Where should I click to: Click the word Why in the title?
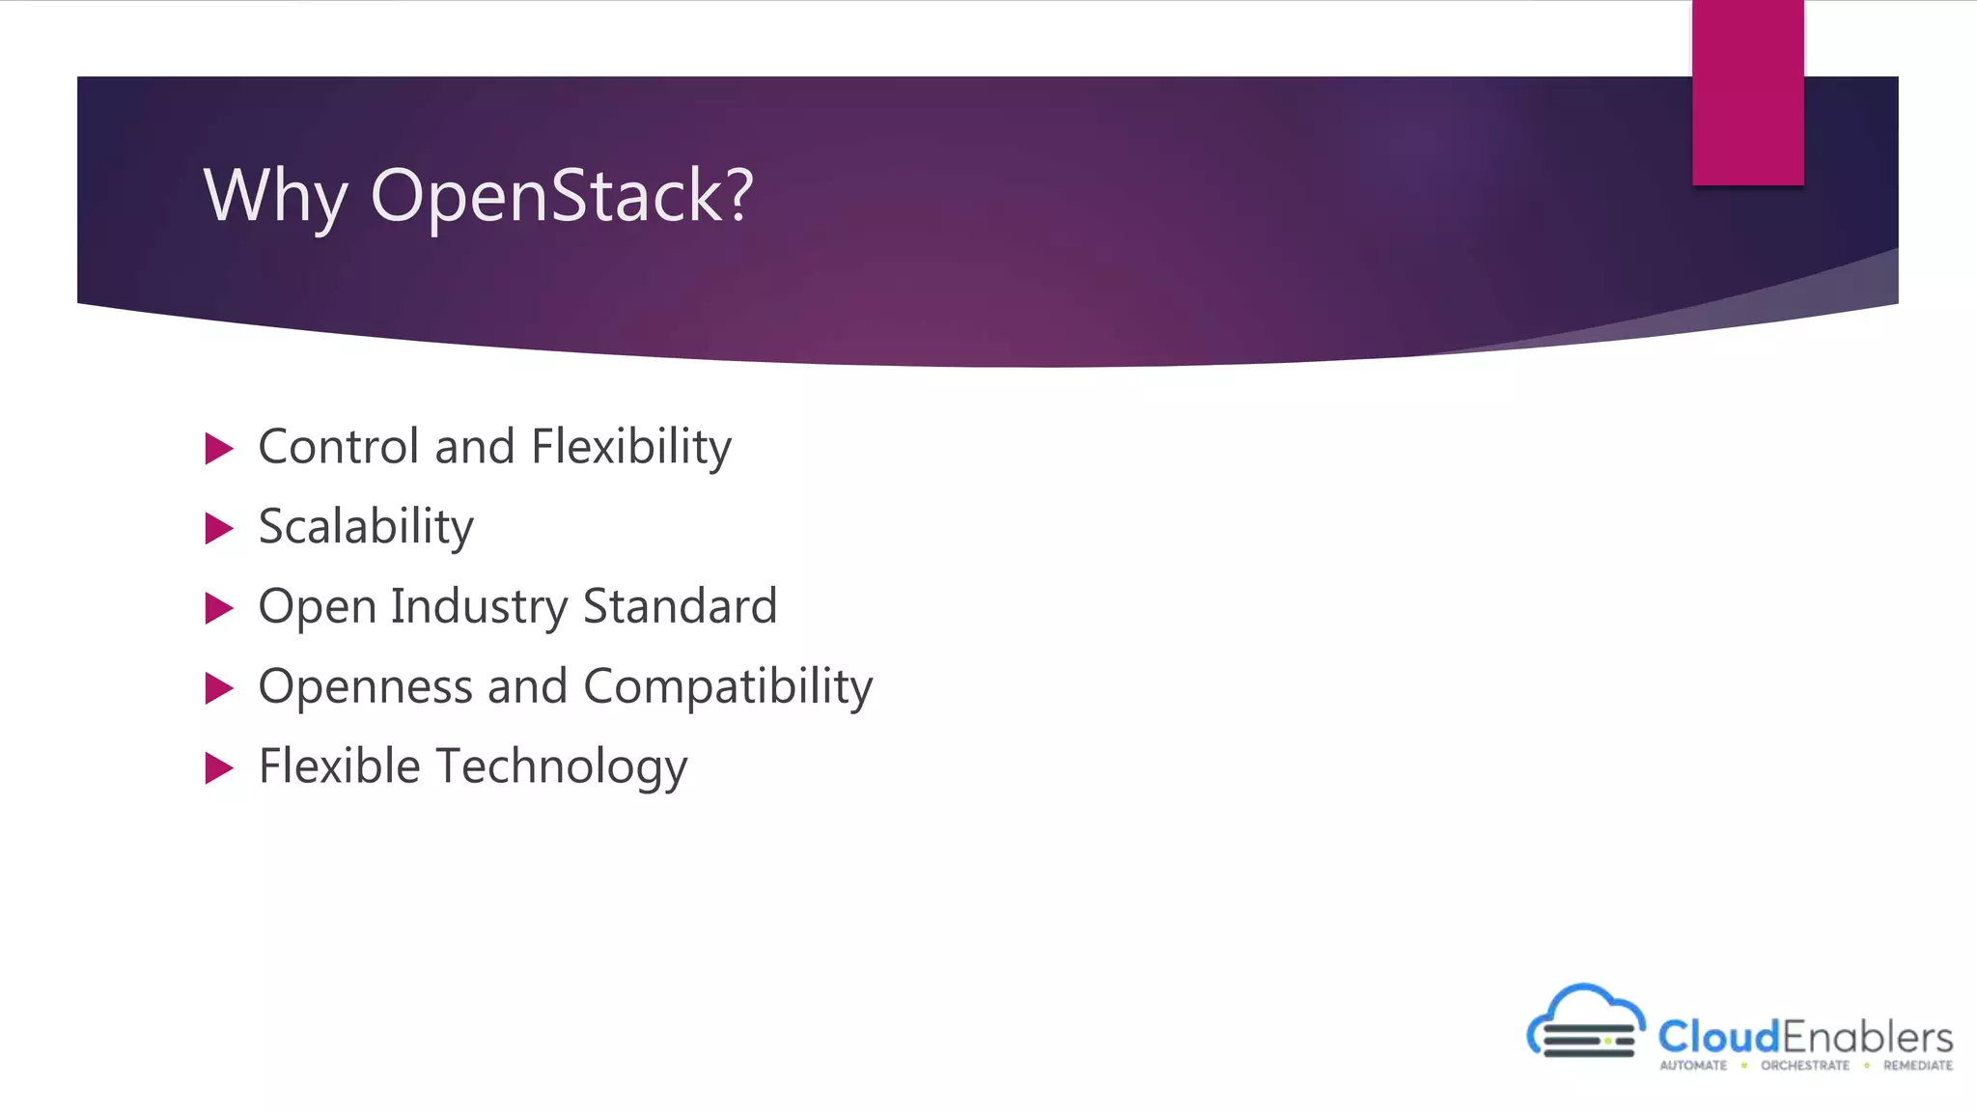pos(275,196)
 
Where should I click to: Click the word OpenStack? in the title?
pos(561,196)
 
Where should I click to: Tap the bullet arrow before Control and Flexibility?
pos(219,449)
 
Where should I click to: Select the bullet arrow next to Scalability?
pos(219,529)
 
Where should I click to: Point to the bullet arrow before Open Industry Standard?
pos(219,609)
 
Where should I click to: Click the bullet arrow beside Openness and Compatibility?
pos(219,689)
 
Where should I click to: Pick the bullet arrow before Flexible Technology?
pos(219,769)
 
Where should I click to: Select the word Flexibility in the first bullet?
pos(631,447)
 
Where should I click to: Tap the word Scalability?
pos(366,527)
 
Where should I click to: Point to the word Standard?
pos(681,607)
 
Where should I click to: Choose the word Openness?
pos(365,687)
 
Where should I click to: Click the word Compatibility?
pos(728,687)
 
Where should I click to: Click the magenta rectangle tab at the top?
pos(1747,93)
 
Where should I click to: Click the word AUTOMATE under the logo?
pos(1693,1066)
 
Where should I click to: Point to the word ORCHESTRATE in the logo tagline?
pos(1805,1066)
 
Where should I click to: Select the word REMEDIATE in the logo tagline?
pos(1917,1066)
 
